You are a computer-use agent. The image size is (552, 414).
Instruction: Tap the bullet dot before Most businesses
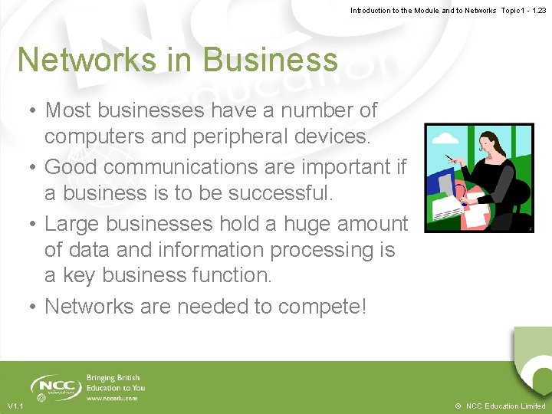(34, 111)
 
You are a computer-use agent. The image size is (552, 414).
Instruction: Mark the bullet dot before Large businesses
(34, 225)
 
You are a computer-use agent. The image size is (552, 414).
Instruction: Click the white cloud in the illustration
(445, 140)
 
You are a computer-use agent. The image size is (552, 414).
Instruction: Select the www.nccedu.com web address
(112, 398)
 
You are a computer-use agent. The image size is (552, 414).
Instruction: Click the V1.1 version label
(16, 406)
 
